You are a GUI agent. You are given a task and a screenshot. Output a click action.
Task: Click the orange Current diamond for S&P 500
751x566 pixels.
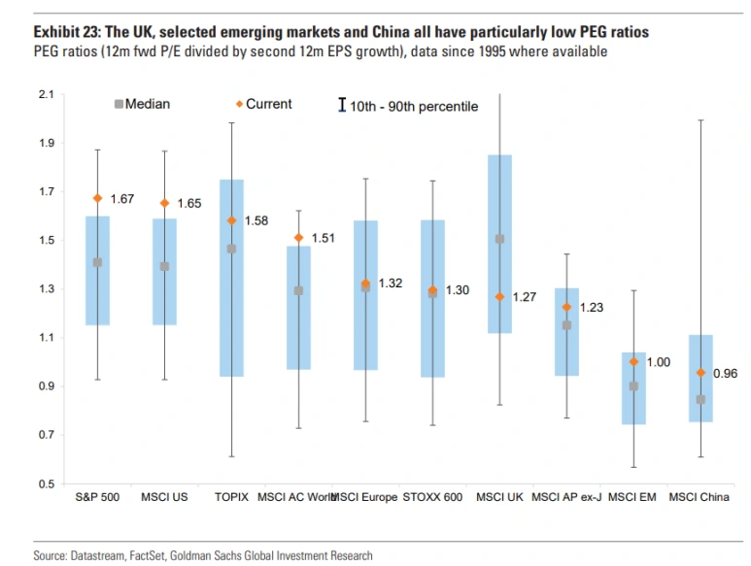point(97,198)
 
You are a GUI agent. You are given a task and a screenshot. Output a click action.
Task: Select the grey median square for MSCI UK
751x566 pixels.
point(500,239)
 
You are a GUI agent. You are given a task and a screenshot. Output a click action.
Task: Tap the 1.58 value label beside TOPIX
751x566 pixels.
point(256,221)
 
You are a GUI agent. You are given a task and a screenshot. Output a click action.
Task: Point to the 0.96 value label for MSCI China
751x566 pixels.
point(725,373)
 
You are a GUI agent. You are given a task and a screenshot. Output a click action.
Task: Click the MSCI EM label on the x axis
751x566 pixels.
point(632,498)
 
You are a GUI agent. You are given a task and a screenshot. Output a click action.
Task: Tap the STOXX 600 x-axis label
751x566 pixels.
point(433,498)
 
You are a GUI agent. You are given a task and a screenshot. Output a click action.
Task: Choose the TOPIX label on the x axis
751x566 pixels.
point(231,498)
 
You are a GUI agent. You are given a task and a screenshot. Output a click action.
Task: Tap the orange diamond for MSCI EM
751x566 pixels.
point(633,361)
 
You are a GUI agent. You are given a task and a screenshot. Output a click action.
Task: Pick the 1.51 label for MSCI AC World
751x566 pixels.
point(323,238)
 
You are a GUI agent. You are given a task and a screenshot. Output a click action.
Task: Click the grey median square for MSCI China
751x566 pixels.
point(701,399)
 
